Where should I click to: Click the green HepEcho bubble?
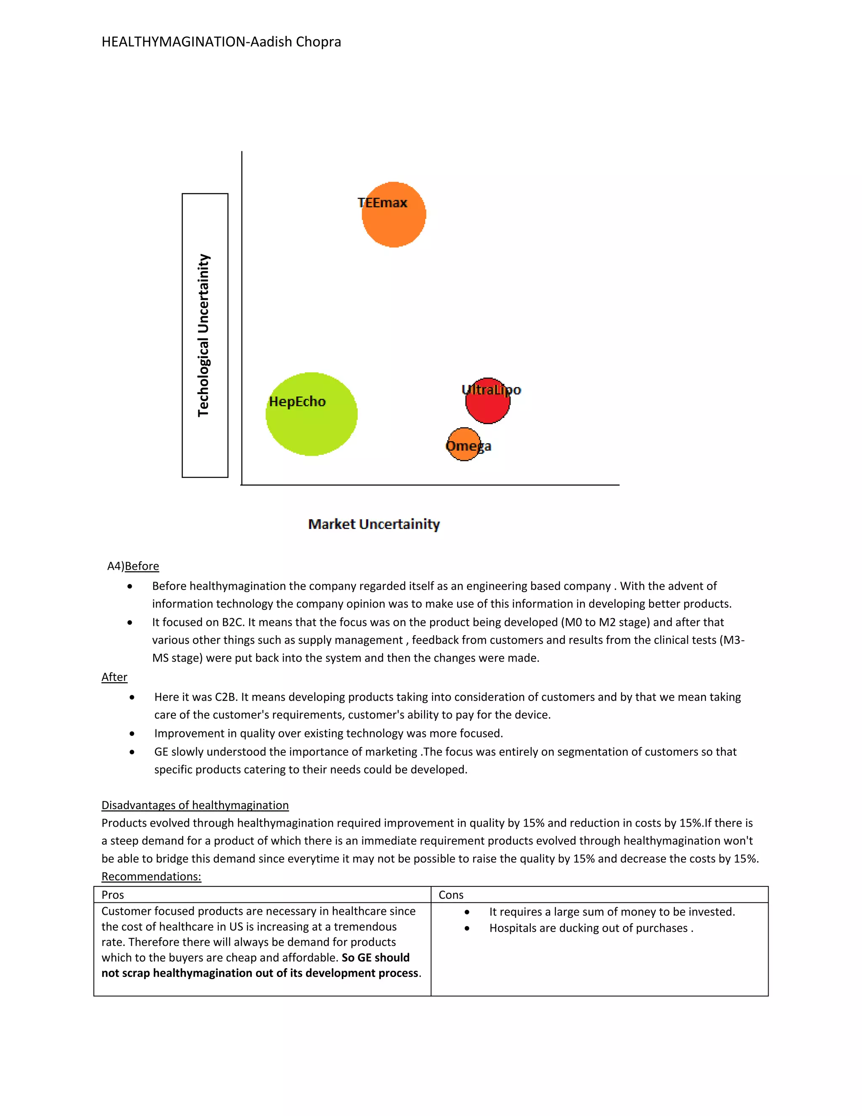[311, 414]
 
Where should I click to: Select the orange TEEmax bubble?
[394, 215]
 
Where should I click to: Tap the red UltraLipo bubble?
[488, 401]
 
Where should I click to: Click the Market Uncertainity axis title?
[374, 524]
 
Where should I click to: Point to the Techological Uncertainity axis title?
[204, 335]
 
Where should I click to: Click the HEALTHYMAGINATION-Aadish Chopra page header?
[221, 42]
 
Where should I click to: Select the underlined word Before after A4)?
[141, 566]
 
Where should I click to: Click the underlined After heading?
[114, 677]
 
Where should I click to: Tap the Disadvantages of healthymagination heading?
[194, 805]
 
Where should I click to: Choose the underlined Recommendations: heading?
[151, 876]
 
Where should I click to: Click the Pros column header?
[113, 895]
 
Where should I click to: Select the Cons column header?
[451, 895]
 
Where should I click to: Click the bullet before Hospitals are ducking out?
[467, 929]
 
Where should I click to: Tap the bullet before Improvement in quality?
[132, 734]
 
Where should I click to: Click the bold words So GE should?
[375, 958]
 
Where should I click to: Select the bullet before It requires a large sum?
[467, 912]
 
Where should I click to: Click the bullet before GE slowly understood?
[132, 752]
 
